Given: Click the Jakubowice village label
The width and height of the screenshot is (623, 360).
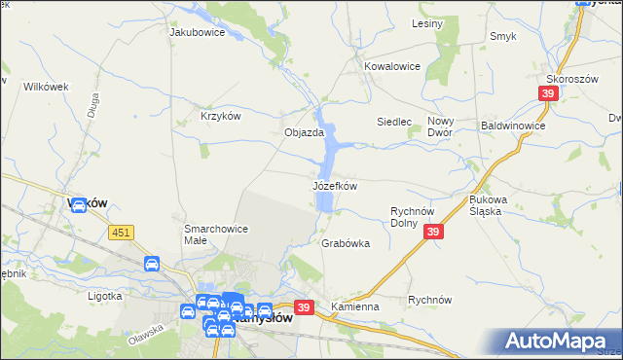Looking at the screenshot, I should (x=198, y=32).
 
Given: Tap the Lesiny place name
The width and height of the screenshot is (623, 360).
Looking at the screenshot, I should (x=427, y=22).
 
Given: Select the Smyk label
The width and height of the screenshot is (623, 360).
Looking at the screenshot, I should (x=503, y=36).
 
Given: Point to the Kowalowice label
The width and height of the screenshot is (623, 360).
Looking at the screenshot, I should (x=391, y=66).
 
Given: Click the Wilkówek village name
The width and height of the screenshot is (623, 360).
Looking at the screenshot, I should (x=45, y=87).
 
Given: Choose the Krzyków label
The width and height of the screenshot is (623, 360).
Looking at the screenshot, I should (x=220, y=116).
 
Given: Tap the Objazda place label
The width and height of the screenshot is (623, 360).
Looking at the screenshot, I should (x=304, y=132).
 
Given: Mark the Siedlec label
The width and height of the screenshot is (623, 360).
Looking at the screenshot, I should (x=395, y=122).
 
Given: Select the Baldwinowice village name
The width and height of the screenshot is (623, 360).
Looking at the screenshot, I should (x=513, y=126).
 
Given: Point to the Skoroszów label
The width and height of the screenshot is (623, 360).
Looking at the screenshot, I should (x=571, y=79).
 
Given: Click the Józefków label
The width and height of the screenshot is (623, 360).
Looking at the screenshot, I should (x=335, y=185).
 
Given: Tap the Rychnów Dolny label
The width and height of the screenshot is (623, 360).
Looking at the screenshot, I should (x=418, y=216).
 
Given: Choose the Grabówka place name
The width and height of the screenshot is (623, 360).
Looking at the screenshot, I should (x=346, y=244).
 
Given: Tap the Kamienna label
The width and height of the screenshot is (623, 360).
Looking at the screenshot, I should (x=354, y=306).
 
